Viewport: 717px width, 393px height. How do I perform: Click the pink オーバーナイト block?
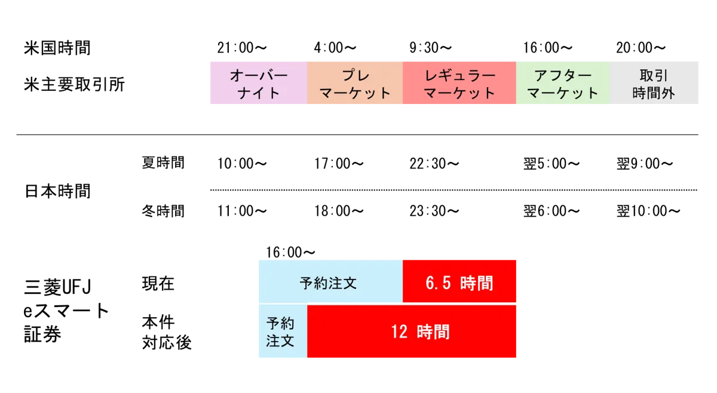point(259,83)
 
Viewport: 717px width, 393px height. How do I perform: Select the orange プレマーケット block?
point(355,83)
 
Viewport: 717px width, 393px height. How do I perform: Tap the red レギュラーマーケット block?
point(459,83)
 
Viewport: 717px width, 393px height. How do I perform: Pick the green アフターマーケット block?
point(563,83)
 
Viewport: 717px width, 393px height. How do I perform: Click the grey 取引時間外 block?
point(654,83)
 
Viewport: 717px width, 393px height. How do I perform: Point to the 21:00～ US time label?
point(242,48)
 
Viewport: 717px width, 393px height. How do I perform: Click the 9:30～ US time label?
point(431,48)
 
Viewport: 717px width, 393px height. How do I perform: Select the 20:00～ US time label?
point(641,48)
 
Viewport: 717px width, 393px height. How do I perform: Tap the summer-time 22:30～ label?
point(434,164)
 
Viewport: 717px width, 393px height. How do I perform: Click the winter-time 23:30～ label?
point(434,211)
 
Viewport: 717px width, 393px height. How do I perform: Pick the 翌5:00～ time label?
point(551,164)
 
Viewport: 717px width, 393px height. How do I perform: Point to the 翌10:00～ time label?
point(648,211)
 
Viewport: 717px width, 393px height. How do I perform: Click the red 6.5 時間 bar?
point(459,281)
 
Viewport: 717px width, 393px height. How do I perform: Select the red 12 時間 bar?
point(412,331)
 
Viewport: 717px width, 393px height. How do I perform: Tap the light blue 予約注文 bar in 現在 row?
point(330,281)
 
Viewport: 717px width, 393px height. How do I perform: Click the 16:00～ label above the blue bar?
point(290,252)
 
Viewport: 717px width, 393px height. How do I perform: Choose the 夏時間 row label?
point(163,162)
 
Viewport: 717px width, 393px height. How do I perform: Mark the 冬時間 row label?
point(163,211)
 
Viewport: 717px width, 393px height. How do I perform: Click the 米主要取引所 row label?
point(74,84)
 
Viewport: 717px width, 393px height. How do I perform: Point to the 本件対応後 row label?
point(167,332)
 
